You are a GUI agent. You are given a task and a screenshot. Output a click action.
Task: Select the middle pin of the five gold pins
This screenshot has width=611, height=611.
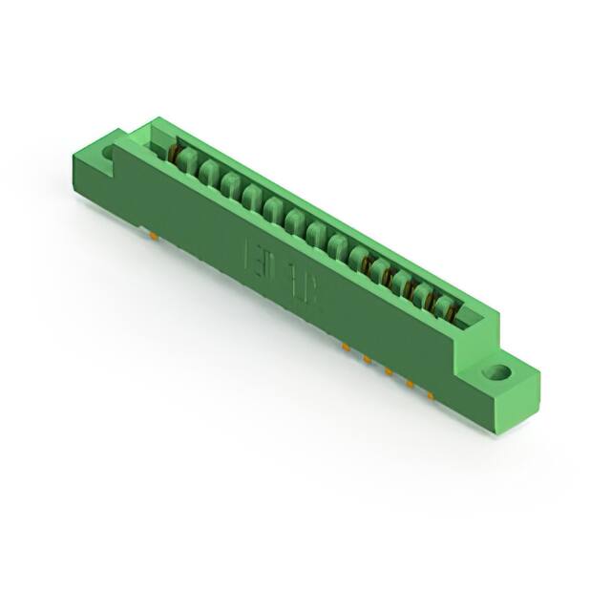(x=388, y=370)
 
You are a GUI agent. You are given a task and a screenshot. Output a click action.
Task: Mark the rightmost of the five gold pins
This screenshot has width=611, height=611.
(x=430, y=394)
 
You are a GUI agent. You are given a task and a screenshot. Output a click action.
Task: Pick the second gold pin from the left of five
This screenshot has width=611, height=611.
(x=367, y=358)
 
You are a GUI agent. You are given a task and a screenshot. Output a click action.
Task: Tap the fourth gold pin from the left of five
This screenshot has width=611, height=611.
(x=409, y=383)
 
